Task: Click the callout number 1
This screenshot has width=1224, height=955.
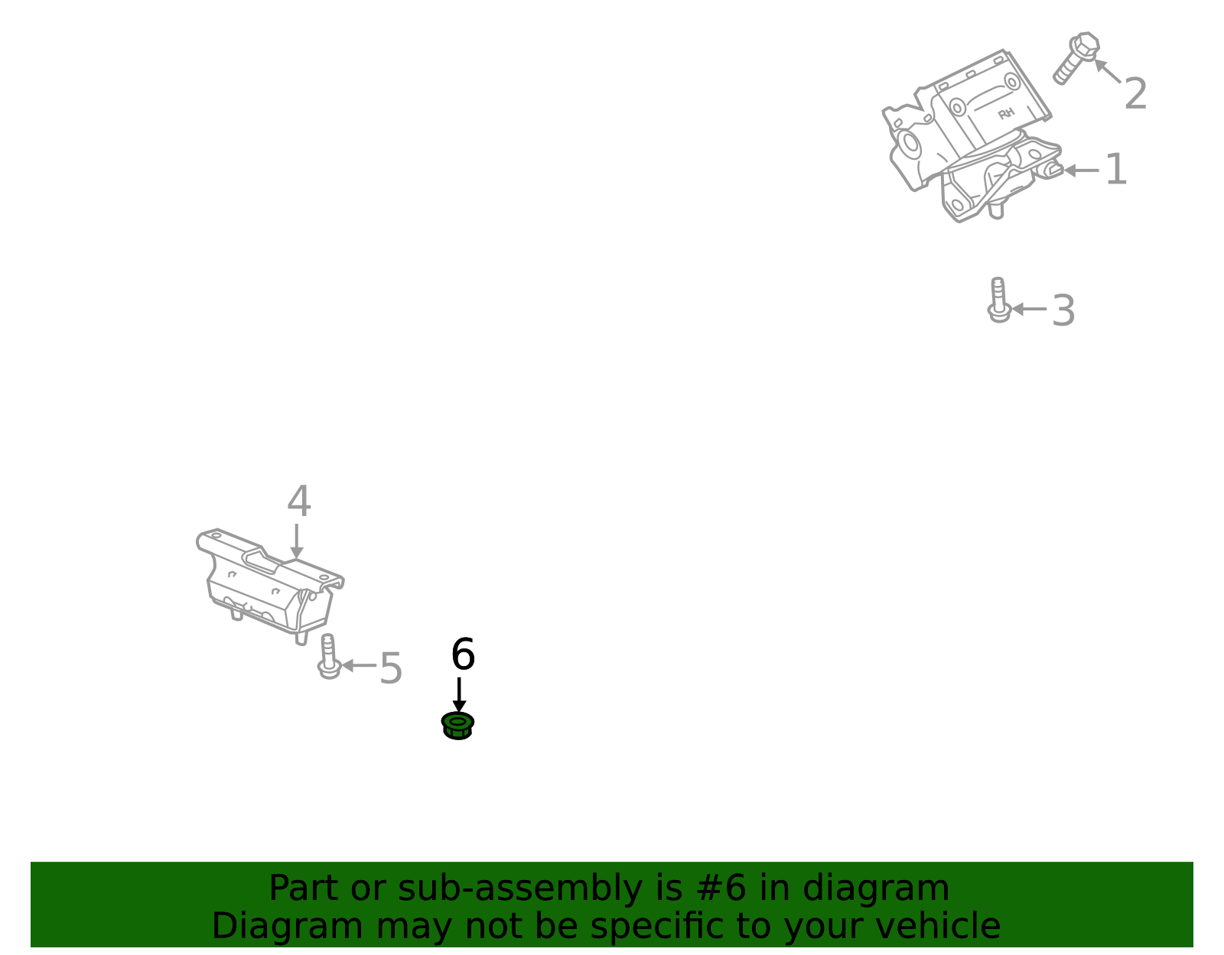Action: (x=1116, y=170)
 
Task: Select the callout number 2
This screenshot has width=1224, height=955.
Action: (x=1135, y=94)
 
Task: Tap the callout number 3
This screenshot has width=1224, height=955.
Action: (x=1063, y=311)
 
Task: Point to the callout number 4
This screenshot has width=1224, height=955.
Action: (x=298, y=502)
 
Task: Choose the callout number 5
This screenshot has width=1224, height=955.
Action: (x=390, y=668)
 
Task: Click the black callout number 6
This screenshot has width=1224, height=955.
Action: (x=463, y=655)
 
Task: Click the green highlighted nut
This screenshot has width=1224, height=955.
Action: (x=457, y=725)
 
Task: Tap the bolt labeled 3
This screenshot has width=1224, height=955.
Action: (x=998, y=300)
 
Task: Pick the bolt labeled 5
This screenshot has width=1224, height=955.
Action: (x=328, y=656)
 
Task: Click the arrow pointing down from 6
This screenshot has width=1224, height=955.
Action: (x=459, y=695)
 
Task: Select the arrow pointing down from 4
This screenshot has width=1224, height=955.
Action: (x=297, y=541)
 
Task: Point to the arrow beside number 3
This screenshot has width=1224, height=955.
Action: (x=1030, y=309)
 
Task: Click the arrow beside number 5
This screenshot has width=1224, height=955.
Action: (x=358, y=665)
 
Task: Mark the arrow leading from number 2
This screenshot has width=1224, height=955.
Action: (x=1108, y=71)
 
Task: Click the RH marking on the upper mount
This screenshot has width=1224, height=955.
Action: (x=1006, y=114)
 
